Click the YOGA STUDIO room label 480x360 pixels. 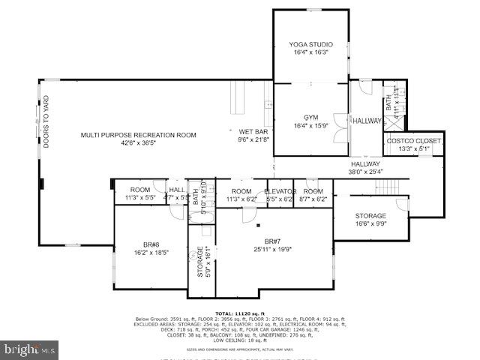point(310,45)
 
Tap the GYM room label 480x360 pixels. point(310,118)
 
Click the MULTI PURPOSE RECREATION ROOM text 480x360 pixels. point(139,135)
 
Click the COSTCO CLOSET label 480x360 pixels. point(414,141)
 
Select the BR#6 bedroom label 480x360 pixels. point(151,245)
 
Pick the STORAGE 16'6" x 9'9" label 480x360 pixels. point(370,216)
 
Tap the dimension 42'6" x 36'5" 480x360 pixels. point(139,143)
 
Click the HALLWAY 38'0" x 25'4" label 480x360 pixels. point(365,164)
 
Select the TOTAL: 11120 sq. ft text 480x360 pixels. point(240,313)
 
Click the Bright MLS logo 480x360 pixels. point(30,349)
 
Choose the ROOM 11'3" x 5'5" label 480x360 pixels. point(140,190)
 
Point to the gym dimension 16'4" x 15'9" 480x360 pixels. point(310,126)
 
